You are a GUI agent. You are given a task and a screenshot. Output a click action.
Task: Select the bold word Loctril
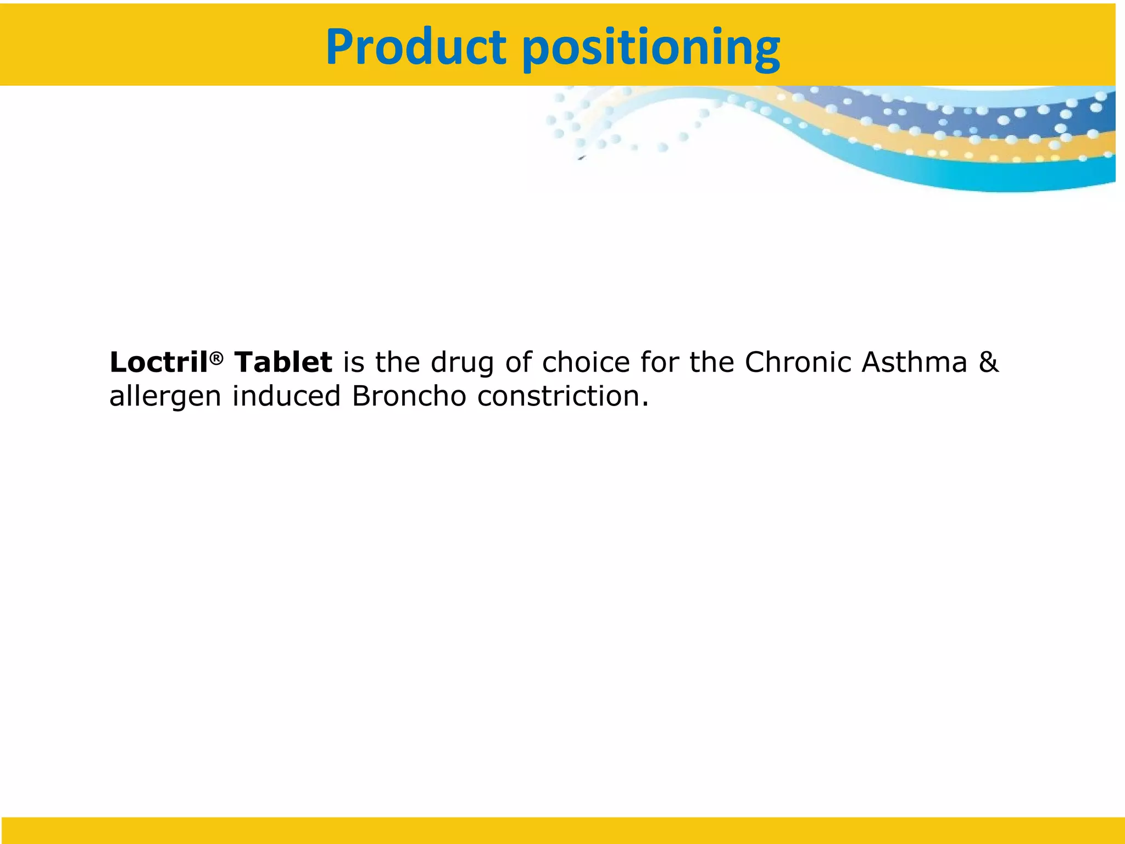pyautogui.click(x=159, y=363)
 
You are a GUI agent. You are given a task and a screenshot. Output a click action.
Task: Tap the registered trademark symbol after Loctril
pyautogui.click(x=216, y=358)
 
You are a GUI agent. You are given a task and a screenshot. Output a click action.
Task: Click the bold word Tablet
pyautogui.click(x=283, y=363)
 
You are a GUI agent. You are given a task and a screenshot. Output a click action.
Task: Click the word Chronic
pyautogui.click(x=798, y=363)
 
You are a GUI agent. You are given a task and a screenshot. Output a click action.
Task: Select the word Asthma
pyautogui.click(x=914, y=363)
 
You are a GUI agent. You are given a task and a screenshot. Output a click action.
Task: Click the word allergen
pyautogui.click(x=165, y=397)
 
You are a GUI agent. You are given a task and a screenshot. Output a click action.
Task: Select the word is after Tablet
pyautogui.click(x=354, y=363)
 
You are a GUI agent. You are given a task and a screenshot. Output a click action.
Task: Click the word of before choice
pyautogui.click(x=519, y=363)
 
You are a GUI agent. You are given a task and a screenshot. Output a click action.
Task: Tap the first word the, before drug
pyautogui.click(x=398, y=363)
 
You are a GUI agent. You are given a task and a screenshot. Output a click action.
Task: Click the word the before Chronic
pyautogui.click(x=712, y=363)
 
